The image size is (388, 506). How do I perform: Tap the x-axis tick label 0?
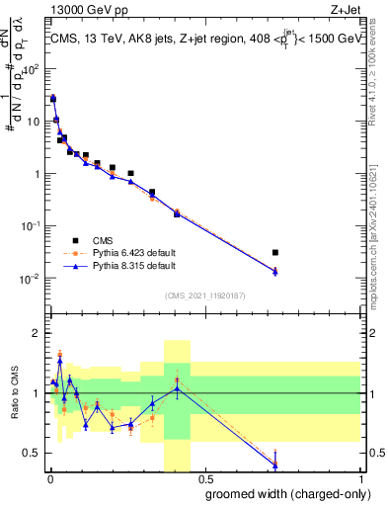49,481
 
